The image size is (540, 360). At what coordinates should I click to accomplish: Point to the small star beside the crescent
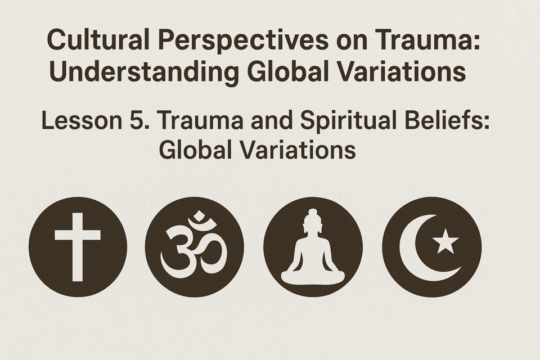pos(445,241)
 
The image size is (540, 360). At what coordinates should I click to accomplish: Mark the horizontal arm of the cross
pos(78,235)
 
